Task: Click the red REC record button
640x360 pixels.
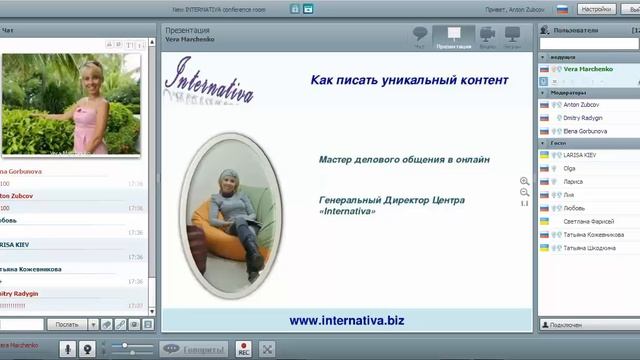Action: [x=243, y=349]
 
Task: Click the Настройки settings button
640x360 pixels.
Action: [x=595, y=8]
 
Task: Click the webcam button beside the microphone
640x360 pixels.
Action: [x=88, y=349]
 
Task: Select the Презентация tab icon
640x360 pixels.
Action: [x=454, y=37]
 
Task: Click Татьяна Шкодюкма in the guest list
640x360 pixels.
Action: [x=596, y=247]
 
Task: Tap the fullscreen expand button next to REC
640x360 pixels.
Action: [x=267, y=349]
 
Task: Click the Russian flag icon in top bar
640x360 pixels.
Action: [x=562, y=8]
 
